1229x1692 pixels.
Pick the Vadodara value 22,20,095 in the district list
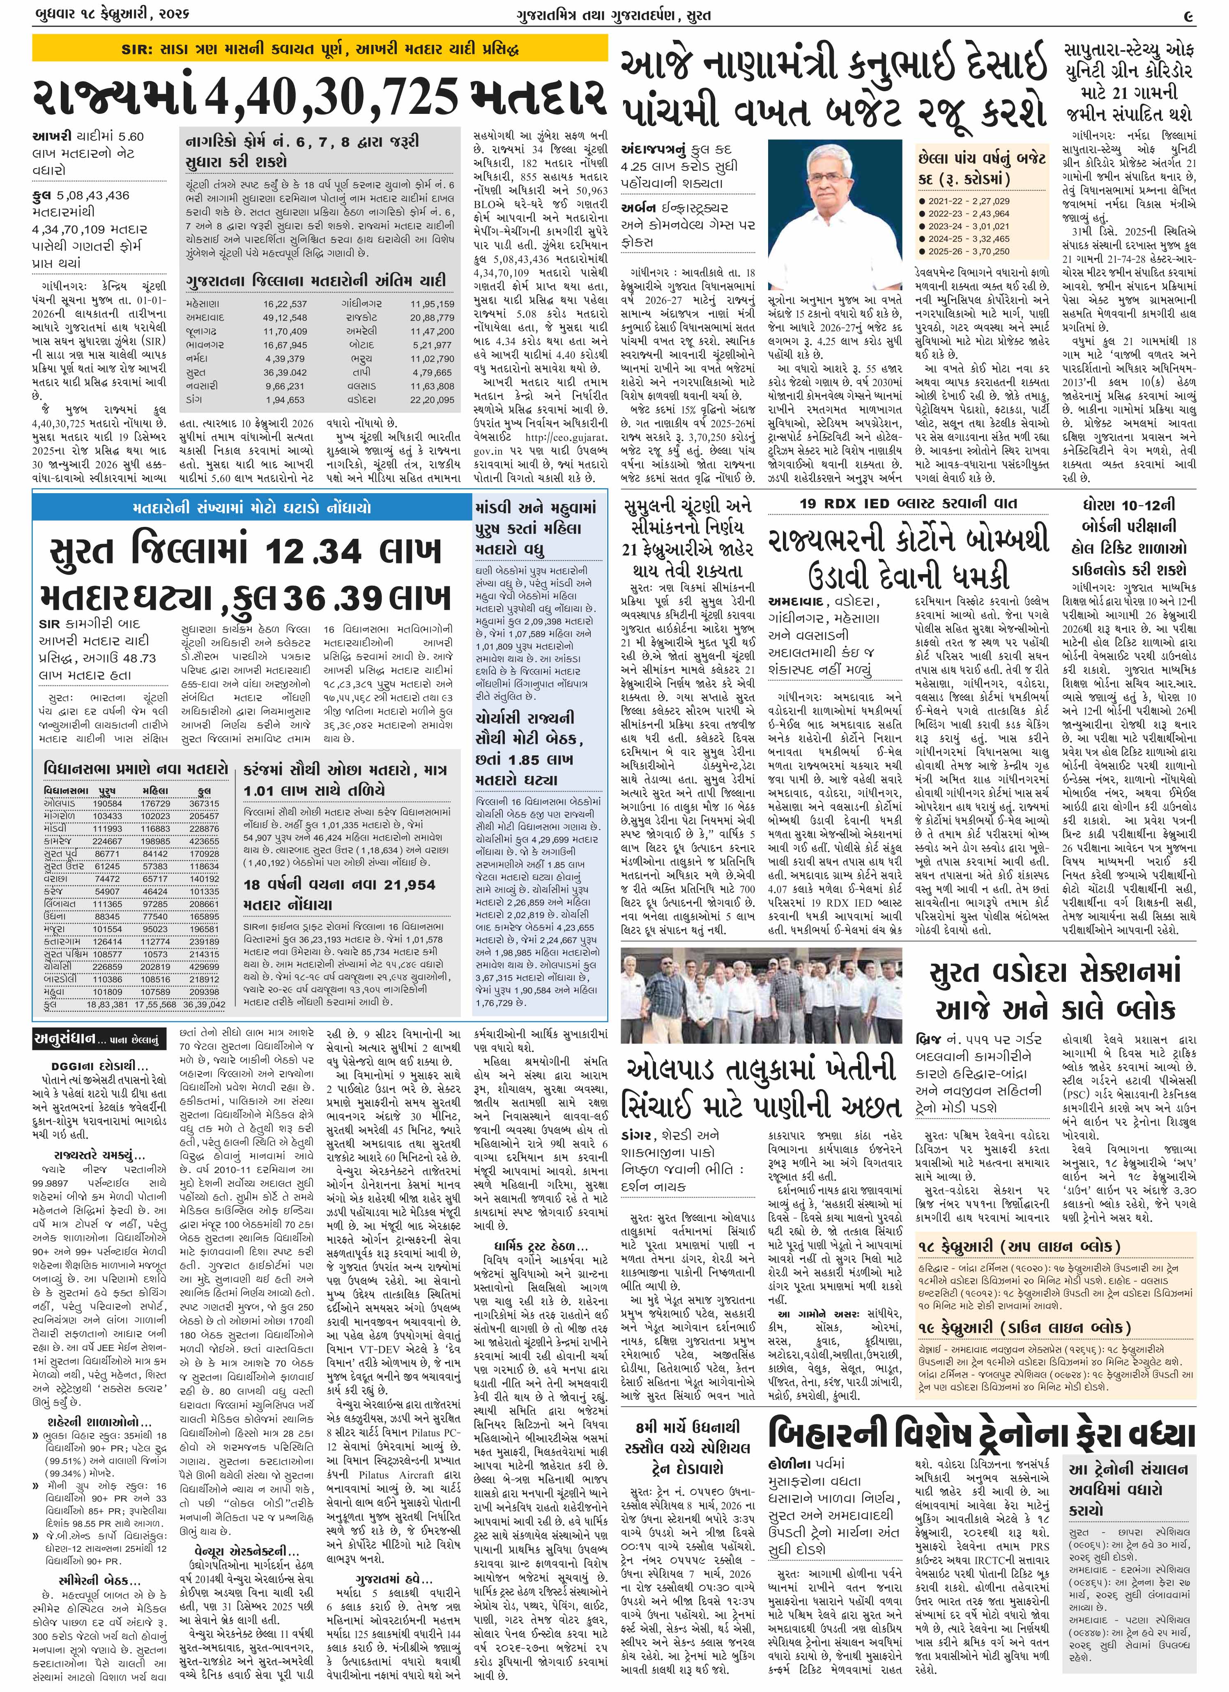[432, 400]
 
